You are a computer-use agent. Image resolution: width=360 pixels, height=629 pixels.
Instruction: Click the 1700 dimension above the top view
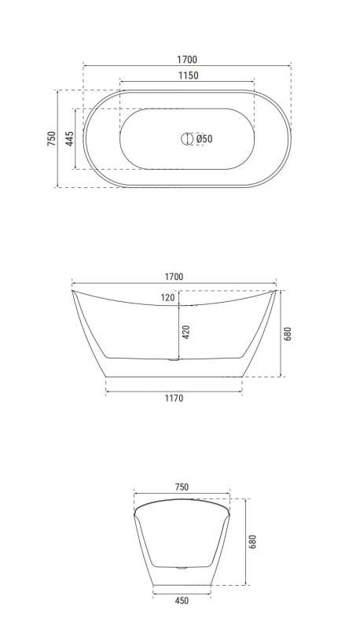click(x=187, y=60)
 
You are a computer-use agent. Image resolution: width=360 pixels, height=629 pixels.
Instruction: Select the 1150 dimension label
click(x=188, y=75)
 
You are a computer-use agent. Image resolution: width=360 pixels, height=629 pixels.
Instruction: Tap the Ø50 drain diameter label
click(x=204, y=139)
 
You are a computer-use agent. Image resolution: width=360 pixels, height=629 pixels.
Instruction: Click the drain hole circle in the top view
click(x=186, y=139)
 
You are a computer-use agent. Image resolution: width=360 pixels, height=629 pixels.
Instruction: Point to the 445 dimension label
click(x=70, y=139)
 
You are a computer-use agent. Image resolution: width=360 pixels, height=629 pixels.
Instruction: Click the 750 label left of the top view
click(x=52, y=138)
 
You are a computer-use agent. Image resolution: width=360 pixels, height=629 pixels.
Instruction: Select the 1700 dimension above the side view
click(x=174, y=277)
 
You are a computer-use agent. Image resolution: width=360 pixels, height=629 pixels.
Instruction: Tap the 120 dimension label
click(x=168, y=298)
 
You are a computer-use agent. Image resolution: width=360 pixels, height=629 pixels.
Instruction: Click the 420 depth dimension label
click(x=186, y=332)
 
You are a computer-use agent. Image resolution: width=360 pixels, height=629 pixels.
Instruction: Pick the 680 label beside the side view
click(x=287, y=333)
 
